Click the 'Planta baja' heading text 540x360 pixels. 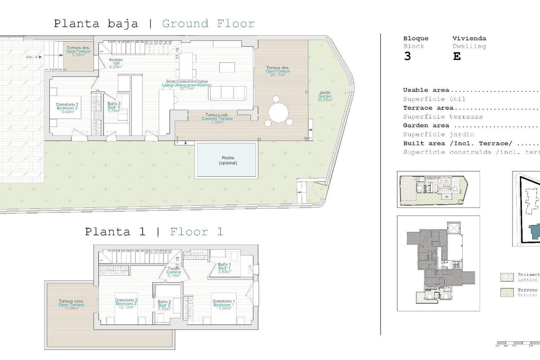pos(96,23)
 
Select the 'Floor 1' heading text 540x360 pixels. pos(196,232)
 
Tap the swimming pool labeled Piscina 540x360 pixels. pos(226,160)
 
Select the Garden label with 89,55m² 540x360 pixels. pos(325,96)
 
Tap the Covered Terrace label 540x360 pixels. pos(217,118)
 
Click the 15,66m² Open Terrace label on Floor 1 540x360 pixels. pos(71,305)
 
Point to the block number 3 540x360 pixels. pos(407,57)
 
